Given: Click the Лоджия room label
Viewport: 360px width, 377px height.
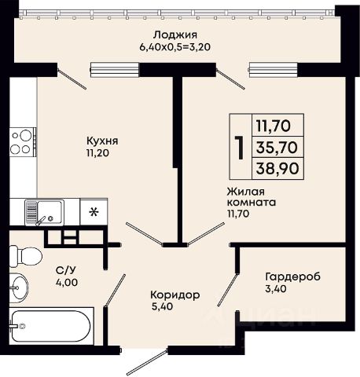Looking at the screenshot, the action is (x=175, y=35).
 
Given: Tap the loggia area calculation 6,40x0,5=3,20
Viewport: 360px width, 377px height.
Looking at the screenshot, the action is (x=175, y=47).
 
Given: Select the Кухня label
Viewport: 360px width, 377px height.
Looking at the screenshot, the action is (x=102, y=141).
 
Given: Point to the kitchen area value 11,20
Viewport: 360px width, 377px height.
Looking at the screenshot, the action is (x=97, y=153).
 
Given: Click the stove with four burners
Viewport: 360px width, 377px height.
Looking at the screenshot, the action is (x=23, y=142).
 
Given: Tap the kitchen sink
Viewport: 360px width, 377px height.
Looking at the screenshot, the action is (x=45, y=212).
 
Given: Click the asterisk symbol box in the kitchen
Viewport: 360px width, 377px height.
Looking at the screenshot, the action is (x=94, y=211).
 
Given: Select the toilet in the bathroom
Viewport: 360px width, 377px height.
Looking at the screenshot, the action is (x=26, y=257).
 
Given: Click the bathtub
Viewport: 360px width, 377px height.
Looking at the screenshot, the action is (x=51, y=326).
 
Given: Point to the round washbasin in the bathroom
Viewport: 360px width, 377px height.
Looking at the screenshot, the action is (x=19, y=287).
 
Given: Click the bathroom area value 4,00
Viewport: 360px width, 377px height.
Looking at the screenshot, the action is (x=67, y=283).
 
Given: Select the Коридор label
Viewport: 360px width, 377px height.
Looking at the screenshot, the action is (x=175, y=295).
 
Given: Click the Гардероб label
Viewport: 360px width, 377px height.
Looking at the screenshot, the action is (x=293, y=276).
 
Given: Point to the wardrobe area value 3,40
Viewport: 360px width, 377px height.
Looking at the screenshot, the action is (x=276, y=289).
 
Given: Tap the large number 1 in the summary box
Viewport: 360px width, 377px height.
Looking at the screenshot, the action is (x=240, y=148).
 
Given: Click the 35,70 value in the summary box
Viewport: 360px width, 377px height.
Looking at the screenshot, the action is (x=277, y=147).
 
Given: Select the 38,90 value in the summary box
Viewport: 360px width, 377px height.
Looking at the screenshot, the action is (x=277, y=168).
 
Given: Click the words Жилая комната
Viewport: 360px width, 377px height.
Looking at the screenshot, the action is (x=252, y=197).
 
